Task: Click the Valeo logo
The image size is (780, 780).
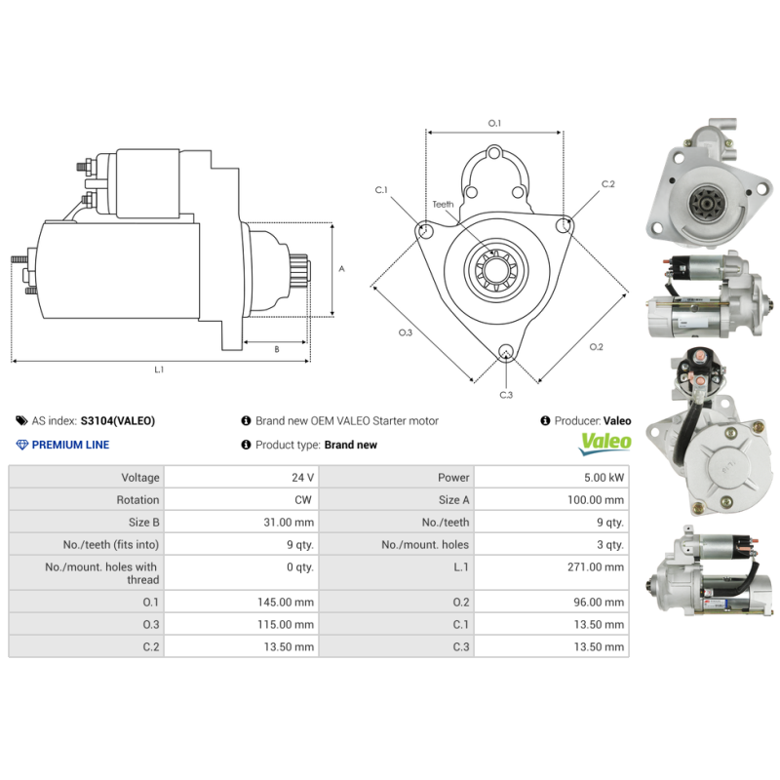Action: pos(605,443)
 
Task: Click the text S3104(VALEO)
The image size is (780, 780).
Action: pos(117,421)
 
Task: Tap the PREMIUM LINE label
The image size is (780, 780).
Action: pos(70,445)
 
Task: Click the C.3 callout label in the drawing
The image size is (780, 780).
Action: pos(506,395)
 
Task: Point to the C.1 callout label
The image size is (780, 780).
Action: pos(381,189)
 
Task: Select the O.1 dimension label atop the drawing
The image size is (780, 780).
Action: pos(494,124)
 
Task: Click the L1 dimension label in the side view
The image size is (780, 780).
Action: pos(159,370)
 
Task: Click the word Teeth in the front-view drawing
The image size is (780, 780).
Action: pos(443,204)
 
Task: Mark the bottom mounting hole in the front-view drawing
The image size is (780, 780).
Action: pos(505,352)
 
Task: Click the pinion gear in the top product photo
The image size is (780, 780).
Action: pos(701,205)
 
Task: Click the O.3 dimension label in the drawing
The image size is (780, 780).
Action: pos(406,332)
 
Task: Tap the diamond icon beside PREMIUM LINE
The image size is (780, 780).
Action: pos(22,445)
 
